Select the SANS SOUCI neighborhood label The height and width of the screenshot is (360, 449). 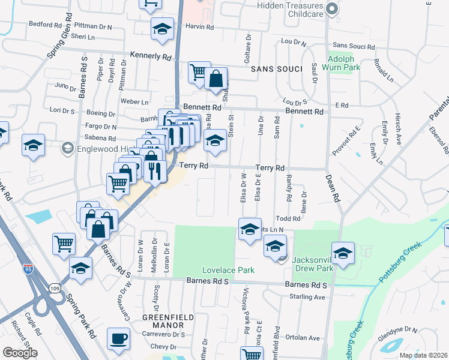[x=277, y=69]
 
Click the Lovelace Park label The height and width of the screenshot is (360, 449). [x=223, y=270]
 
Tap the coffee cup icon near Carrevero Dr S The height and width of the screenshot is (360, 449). [x=118, y=338]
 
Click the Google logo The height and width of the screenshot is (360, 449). [x=20, y=353]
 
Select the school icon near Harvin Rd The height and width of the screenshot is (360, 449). [x=161, y=29]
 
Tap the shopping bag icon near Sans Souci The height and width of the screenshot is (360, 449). [x=215, y=78]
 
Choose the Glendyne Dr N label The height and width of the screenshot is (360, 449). [x=398, y=330]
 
